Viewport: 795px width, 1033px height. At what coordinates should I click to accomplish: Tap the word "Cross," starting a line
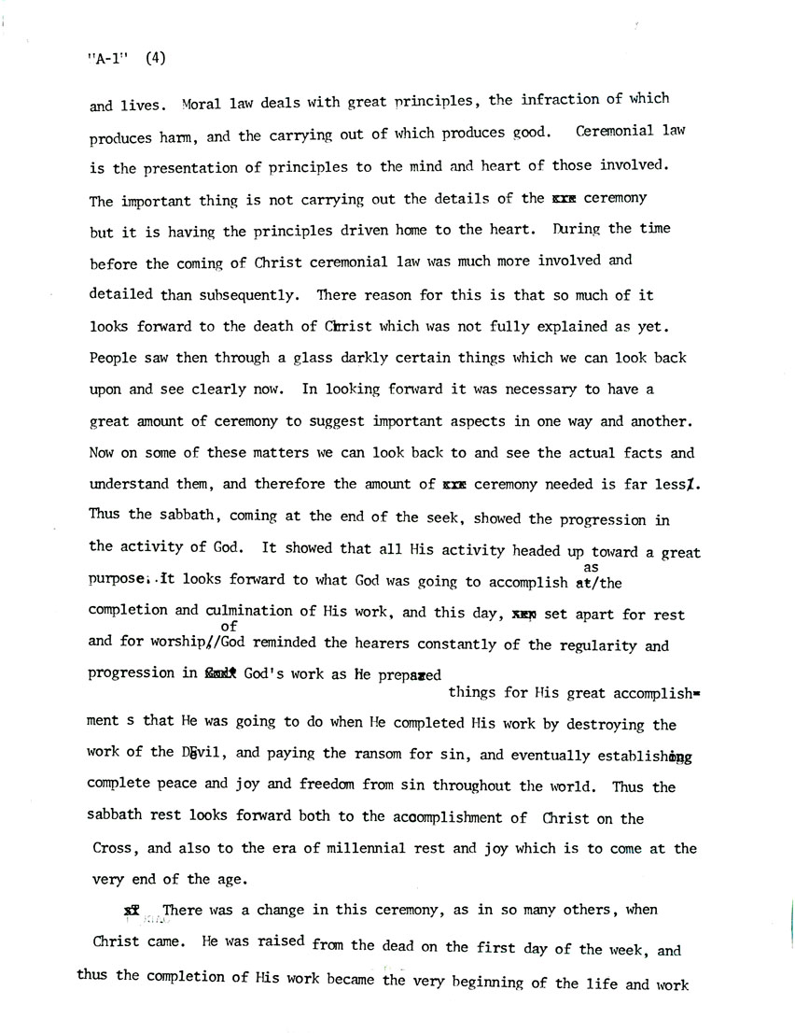pos(115,850)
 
